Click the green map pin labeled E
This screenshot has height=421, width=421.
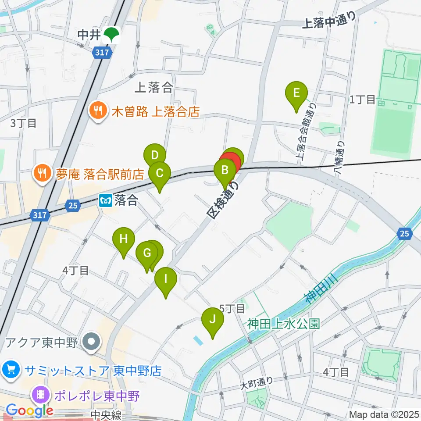[296, 93]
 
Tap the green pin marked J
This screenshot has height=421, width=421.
[213, 319]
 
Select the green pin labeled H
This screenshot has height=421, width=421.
[124, 239]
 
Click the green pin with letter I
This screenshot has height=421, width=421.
[166, 279]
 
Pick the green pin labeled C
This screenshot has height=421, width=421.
[160, 173]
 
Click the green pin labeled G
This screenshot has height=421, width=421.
[146, 253]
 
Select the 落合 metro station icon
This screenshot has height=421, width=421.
[106, 201]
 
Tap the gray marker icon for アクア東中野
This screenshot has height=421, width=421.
[92, 341]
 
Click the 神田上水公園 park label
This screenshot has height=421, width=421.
[283, 324]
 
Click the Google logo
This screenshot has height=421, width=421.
[29, 410]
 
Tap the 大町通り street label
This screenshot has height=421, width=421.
[257, 384]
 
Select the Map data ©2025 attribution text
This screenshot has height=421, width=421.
[384, 414]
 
